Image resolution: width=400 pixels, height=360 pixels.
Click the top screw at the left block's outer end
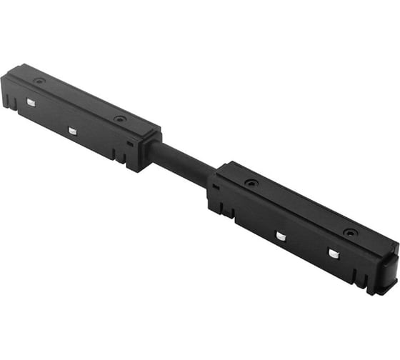tap(39, 81)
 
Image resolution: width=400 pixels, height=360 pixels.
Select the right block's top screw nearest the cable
tap(251, 183)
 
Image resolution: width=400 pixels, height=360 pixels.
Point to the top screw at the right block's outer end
tap(350, 232)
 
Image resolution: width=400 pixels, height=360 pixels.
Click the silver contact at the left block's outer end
tap(31, 103)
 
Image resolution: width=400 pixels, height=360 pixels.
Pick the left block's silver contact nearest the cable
tap(72, 131)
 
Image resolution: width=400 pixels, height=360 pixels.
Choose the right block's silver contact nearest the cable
tap(281, 236)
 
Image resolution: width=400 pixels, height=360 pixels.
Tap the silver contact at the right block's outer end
tap(332, 254)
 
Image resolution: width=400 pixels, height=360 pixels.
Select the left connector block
tap(79, 114)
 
